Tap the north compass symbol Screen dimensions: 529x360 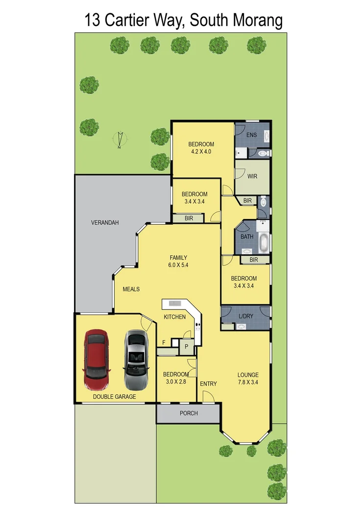point(120,140)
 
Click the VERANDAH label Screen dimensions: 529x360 point(105,223)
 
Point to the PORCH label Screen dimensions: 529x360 point(189,413)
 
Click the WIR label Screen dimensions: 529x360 point(252,176)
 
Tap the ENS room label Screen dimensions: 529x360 point(251,135)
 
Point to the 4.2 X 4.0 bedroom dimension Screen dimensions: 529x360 point(201,152)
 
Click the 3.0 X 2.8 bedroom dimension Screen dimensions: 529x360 point(175,382)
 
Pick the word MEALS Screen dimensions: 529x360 point(131,289)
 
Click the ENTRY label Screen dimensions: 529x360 point(208,384)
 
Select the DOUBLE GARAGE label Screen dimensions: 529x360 point(115,397)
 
